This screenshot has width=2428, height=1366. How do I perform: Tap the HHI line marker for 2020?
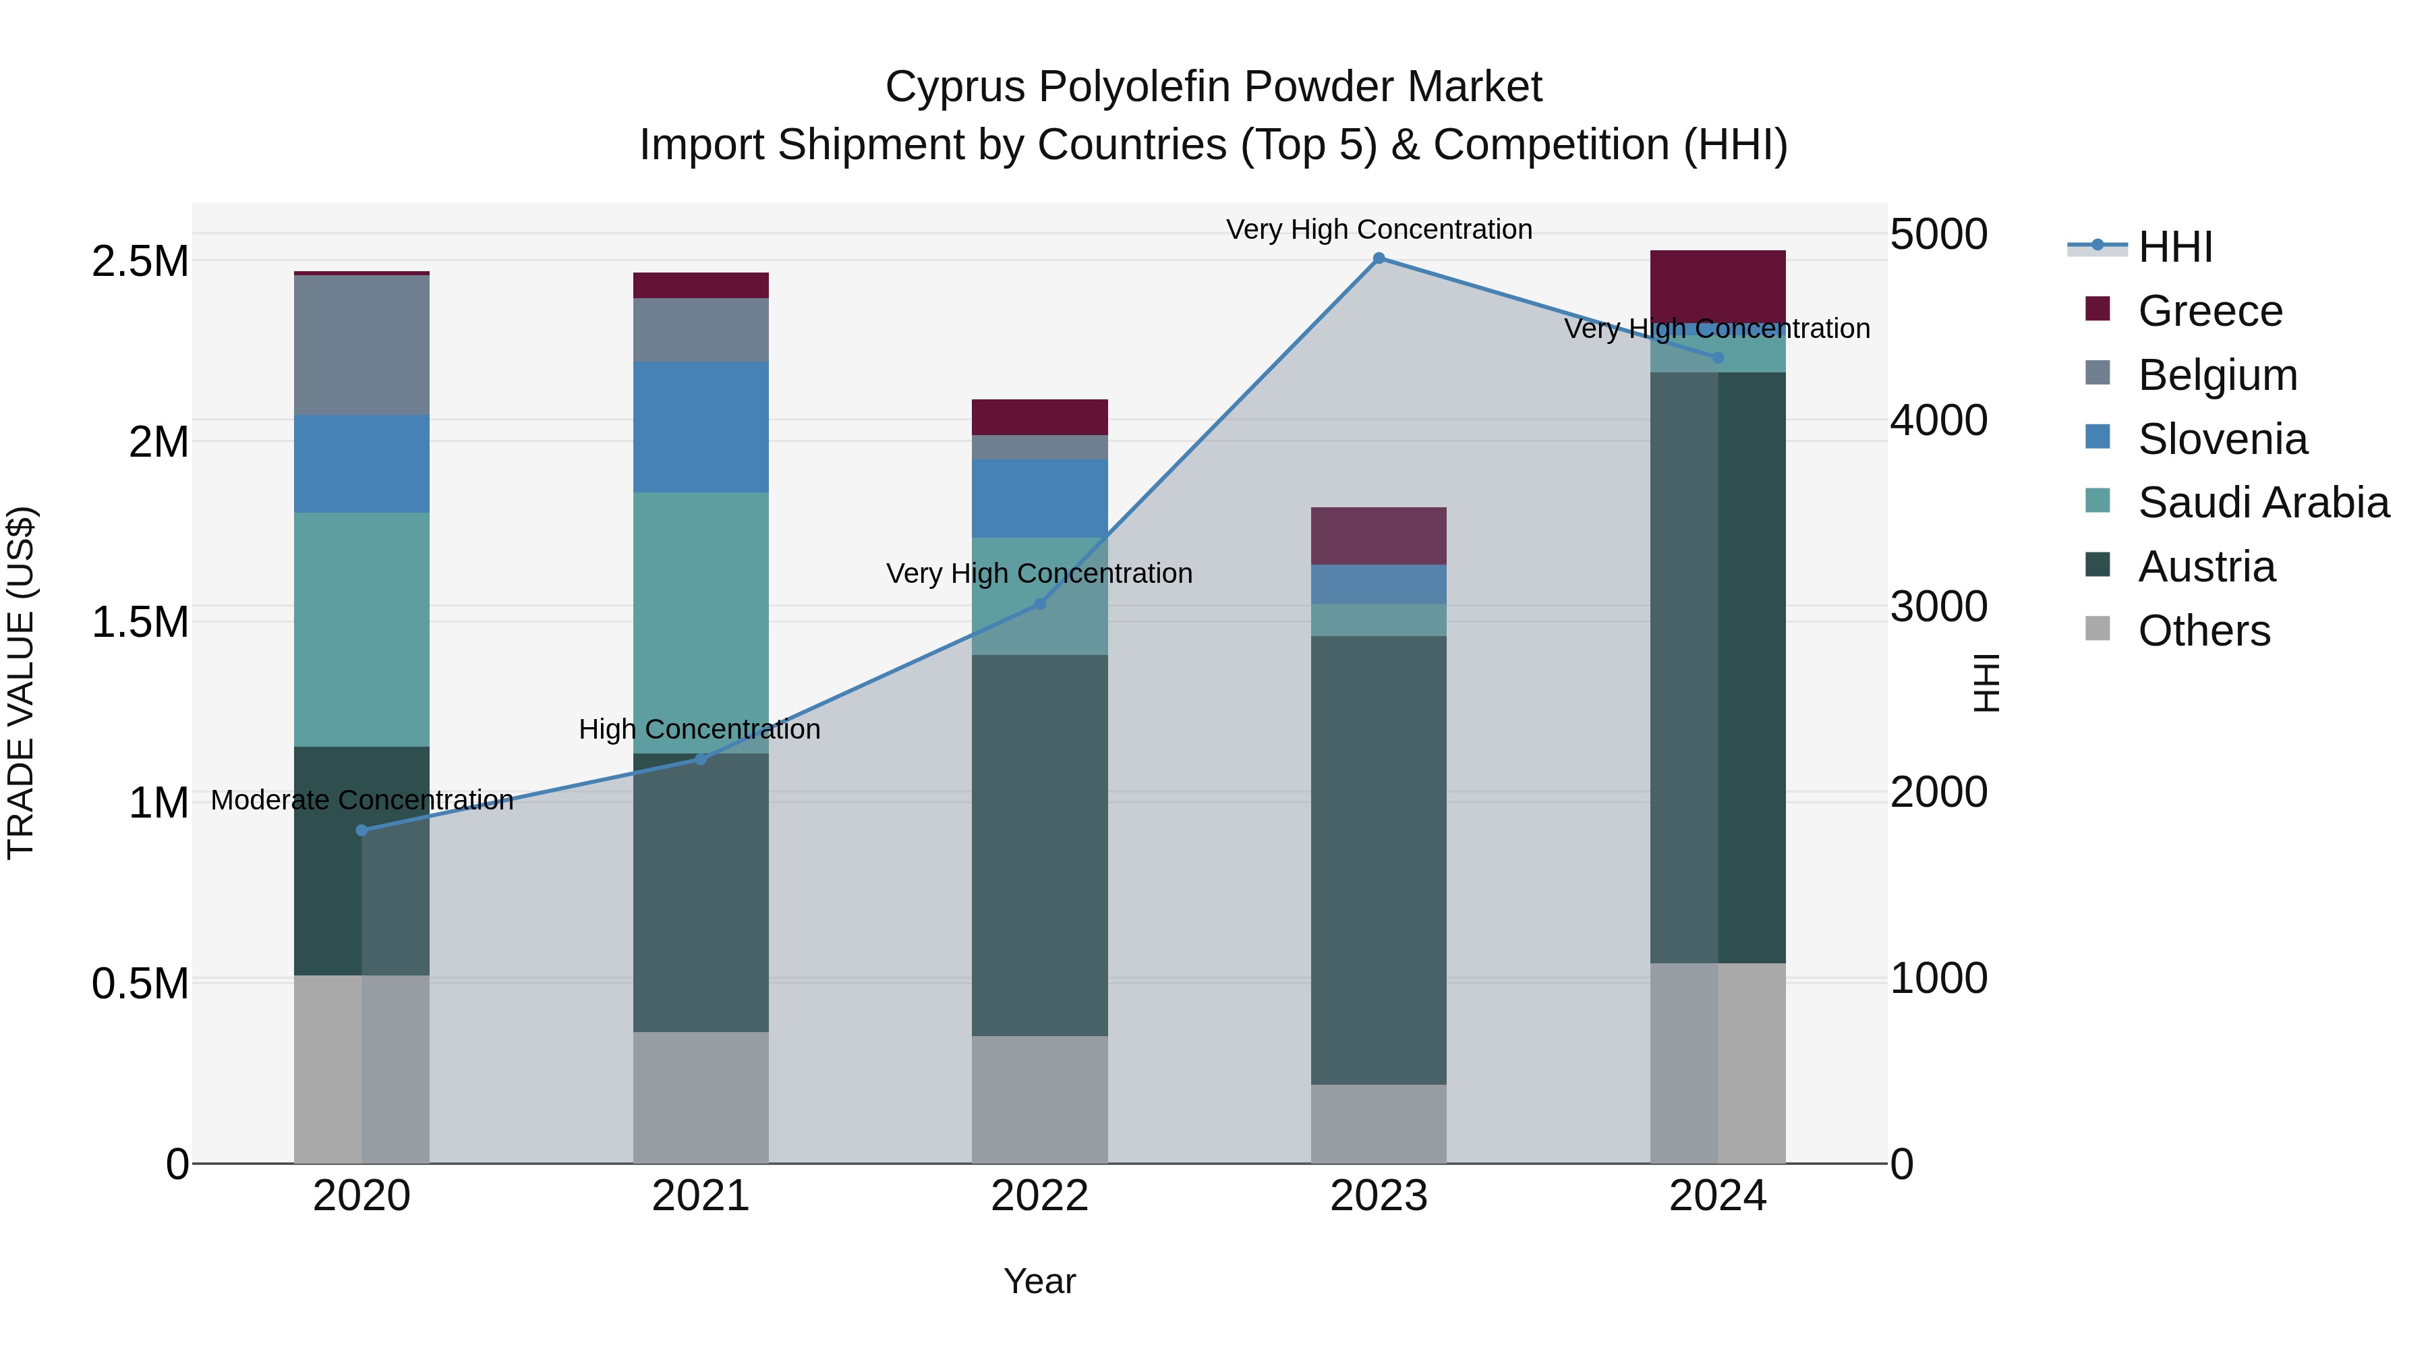pos(362,830)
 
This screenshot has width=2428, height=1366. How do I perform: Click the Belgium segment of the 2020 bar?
pos(362,345)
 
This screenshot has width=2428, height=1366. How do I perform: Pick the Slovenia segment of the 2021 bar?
pos(700,427)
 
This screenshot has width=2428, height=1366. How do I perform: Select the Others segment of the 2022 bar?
pos(1039,1100)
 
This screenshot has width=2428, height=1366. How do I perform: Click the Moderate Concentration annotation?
pos(362,800)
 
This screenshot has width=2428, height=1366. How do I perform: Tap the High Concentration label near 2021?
pos(699,730)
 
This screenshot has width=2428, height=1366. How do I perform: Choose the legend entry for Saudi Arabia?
pos(2263,503)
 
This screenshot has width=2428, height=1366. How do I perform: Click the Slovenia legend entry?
pos(2222,439)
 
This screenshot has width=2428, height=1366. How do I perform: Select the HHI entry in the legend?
pos(2174,247)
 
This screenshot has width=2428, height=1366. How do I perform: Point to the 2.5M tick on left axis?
pos(140,262)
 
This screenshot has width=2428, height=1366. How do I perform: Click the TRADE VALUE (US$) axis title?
pos(21,683)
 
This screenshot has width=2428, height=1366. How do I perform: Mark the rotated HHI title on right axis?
pos(1987,683)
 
